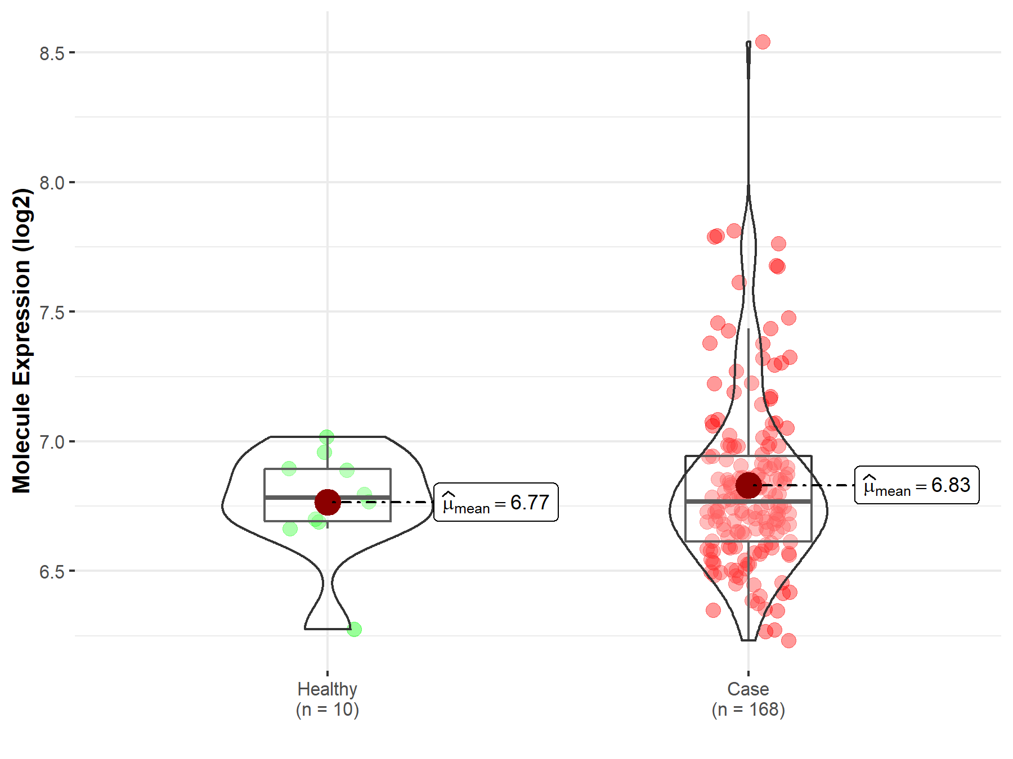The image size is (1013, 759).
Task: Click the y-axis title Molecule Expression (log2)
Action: pos(21,341)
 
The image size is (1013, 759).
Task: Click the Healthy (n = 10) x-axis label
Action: pos(328,699)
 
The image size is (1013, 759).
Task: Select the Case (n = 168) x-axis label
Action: pos(748,699)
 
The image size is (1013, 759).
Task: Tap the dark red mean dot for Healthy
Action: pos(328,502)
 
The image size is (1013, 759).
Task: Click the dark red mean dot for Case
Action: pos(748,485)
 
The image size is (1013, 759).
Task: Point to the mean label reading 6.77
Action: pos(496,502)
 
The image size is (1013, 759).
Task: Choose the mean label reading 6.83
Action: pos(917,485)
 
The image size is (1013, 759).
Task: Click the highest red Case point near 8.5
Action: pos(763,42)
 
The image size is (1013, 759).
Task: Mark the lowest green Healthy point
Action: pos(354,630)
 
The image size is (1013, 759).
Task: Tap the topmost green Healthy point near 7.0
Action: pos(326,436)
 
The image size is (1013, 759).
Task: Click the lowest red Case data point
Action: pos(788,640)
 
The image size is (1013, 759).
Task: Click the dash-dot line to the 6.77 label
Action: pos(388,502)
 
